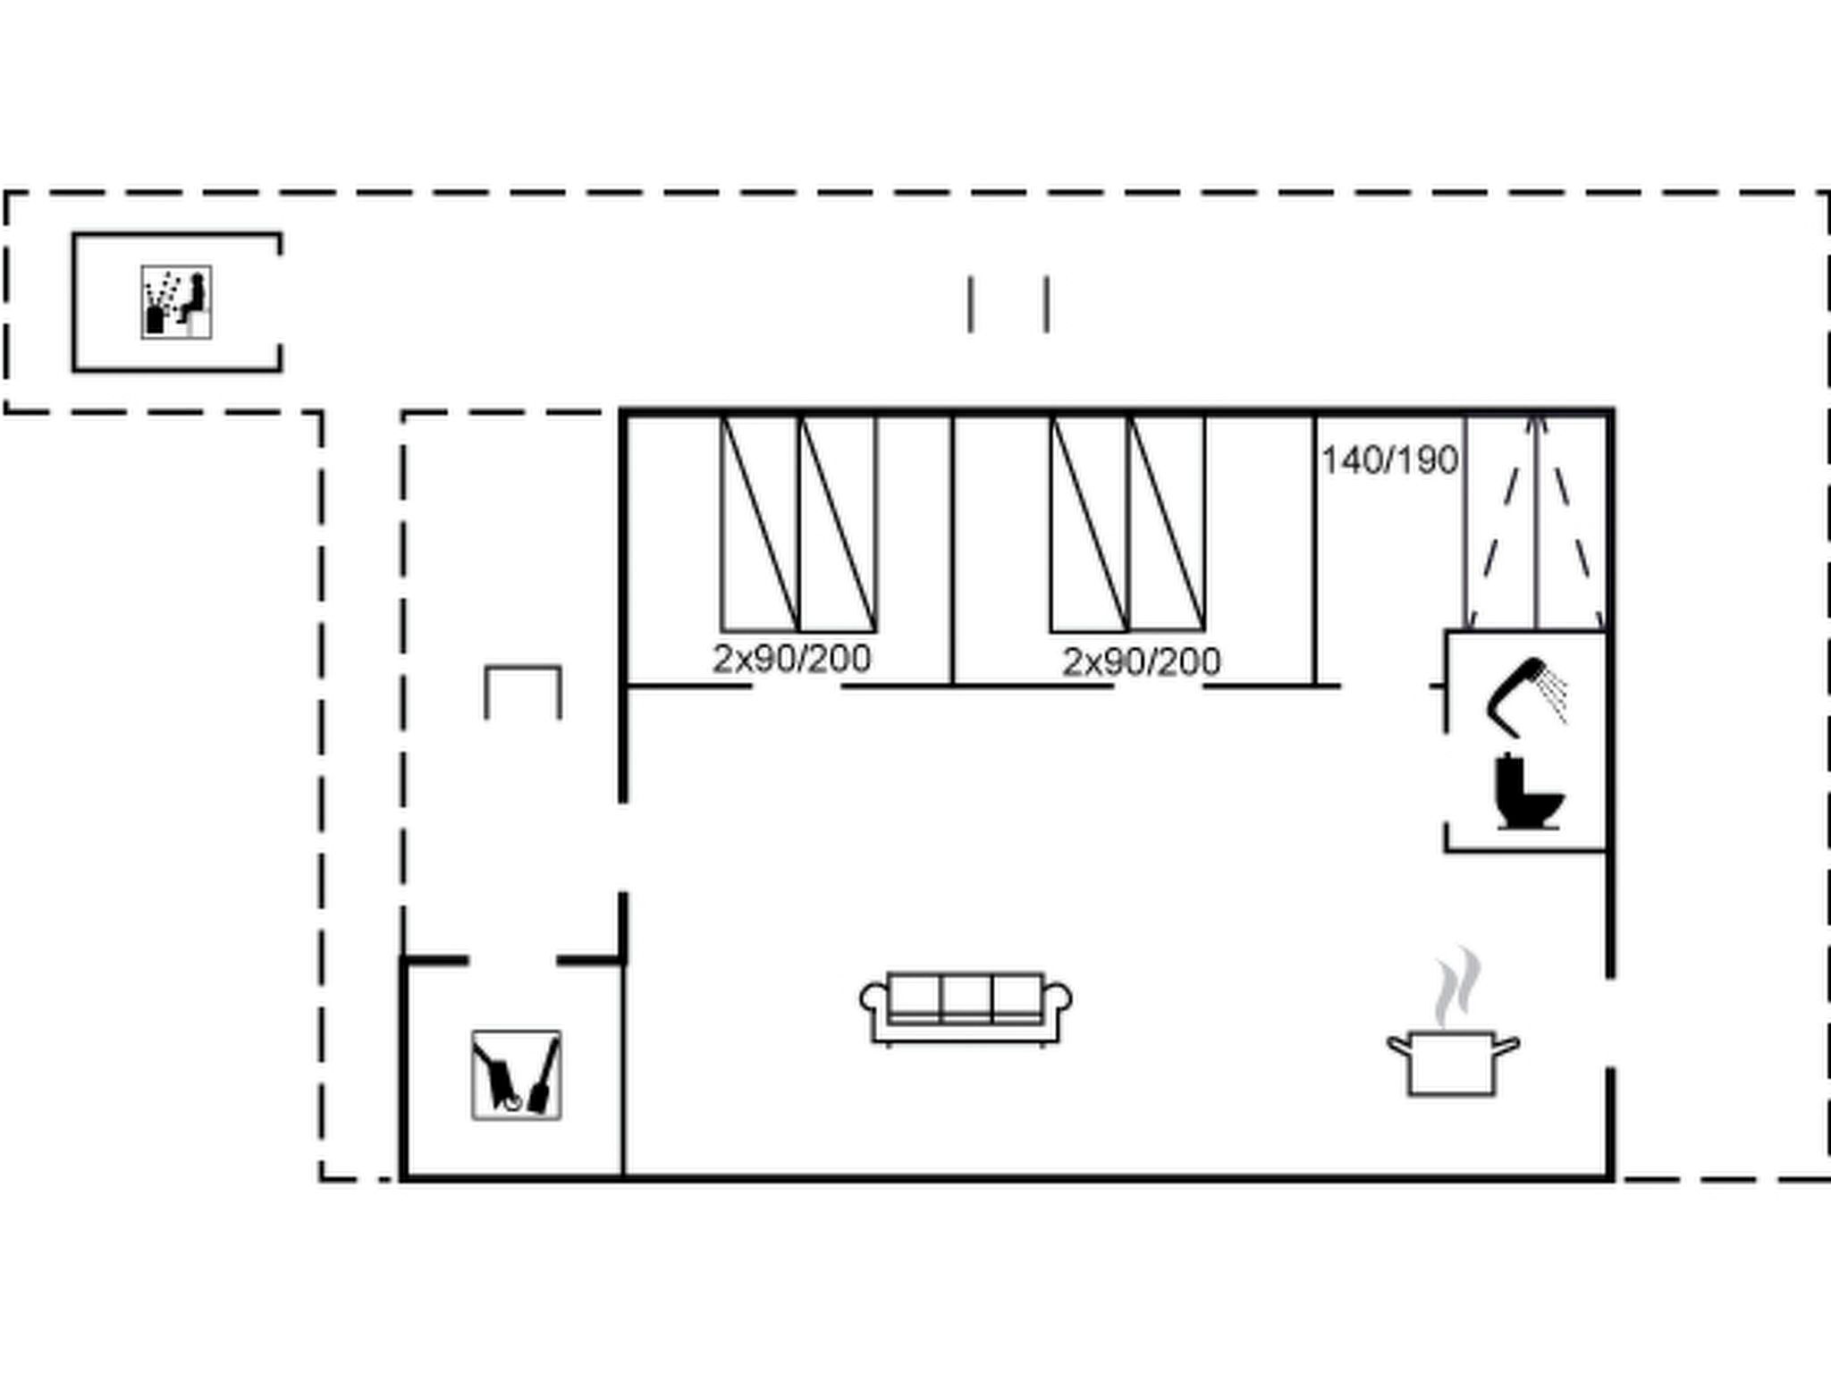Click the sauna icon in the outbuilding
pos(176,302)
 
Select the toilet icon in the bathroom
pos(1528,793)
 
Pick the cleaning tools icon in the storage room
pos(517,1074)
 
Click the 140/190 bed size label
pos(1389,461)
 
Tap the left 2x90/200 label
pos(791,660)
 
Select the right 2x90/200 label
pos(1141,662)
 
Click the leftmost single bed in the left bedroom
pos(760,524)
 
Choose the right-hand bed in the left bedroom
pos(838,524)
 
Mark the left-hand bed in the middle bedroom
pos(1089,524)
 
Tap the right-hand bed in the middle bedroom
pos(1167,524)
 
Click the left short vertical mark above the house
pos(970,305)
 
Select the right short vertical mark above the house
pos(1047,305)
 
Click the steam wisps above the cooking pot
pos(1457,988)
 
